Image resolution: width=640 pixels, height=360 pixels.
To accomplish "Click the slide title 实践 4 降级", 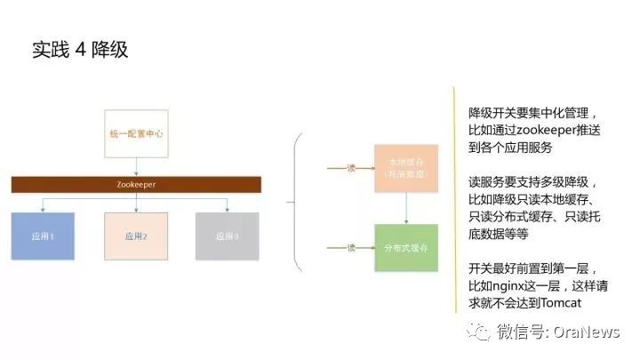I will (81, 49).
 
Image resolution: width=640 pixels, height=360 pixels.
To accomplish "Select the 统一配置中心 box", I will (136, 132).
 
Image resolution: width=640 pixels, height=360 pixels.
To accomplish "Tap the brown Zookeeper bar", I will (136, 184).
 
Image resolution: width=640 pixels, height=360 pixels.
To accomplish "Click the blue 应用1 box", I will (41, 236).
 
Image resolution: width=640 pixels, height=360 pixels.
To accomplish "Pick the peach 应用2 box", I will (136, 236).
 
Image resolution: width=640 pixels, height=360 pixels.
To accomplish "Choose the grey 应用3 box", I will (228, 236).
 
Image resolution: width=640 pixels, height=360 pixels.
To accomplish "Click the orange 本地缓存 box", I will (407, 167).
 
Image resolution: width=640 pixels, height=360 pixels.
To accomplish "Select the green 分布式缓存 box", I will (407, 247).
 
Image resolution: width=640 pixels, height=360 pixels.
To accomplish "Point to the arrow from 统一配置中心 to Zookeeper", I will (136, 165).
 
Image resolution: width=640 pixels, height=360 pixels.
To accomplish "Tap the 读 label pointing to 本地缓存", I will (350, 166).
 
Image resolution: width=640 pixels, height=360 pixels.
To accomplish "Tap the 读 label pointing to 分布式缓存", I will (350, 247).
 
